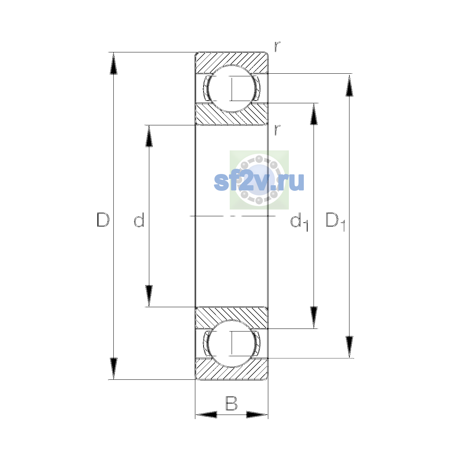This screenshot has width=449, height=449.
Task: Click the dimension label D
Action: (103, 220)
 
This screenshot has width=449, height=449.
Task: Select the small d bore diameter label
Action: (139, 220)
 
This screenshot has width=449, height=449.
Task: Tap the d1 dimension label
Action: (299, 222)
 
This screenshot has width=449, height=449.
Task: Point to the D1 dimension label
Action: (335, 222)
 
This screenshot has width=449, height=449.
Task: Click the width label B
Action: (231, 403)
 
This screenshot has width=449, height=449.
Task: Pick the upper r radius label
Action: (277, 47)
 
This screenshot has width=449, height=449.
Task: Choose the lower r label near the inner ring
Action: (277, 130)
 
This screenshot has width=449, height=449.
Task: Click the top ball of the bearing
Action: (231, 89)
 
